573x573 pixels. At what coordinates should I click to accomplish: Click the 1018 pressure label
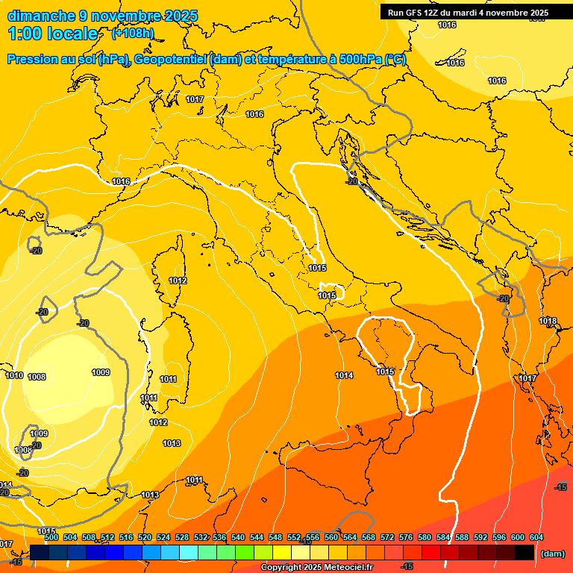tap(548, 322)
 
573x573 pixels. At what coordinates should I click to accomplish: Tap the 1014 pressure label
tap(344, 375)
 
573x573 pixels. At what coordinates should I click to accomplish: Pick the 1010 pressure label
tap(14, 375)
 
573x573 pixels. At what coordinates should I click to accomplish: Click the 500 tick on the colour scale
tap(51, 537)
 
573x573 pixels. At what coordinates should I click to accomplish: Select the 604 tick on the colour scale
tap(536, 537)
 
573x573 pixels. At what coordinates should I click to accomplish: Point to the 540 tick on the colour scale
tap(238, 537)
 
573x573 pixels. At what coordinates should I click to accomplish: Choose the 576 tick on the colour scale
tap(406, 537)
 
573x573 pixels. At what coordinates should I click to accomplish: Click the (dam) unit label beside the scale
tap(552, 554)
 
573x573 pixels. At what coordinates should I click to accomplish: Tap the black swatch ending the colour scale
tap(525, 552)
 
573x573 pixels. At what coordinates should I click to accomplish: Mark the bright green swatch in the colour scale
tap(245, 552)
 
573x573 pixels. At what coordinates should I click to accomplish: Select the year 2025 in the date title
tap(180, 16)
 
